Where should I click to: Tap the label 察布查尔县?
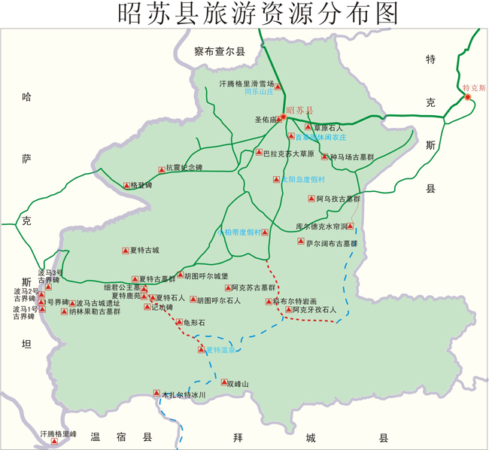coord(220,52)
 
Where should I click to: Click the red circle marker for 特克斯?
coord(467,96)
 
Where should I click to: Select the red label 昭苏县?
coord(299,111)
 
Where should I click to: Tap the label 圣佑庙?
coord(266,119)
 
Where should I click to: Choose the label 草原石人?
coord(328,128)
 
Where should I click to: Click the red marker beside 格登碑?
coord(126,185)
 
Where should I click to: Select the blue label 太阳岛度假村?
coord(302,180)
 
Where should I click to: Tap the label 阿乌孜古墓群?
coord(338,199)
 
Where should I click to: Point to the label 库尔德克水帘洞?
coord(321,226)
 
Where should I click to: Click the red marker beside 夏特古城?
coord(124,251)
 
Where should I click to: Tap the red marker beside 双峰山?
coord(223,382)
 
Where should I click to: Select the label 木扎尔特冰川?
coord(184,394)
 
